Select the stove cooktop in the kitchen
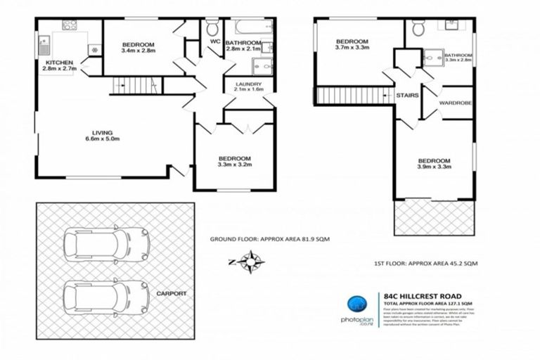click(x=70, y=26)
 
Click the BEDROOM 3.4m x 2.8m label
click(x=138, y=47)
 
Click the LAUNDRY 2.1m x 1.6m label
click(x=248, y=86)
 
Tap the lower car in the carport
click(x=107, y=295)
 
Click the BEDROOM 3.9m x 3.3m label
click(x=434, y=162)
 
